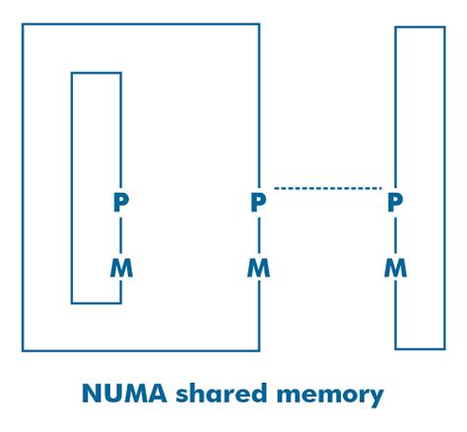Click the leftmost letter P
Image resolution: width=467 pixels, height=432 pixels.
[x=120, y=203]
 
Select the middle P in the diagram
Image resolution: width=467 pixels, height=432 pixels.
[x=258, y=203]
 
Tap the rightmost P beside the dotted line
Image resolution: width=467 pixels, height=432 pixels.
[x=395, y=203]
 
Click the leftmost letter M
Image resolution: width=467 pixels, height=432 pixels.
[x=120, y=267]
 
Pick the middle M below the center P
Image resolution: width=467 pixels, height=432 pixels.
[x=258, y=267]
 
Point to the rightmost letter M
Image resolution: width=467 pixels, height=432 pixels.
[x=395, y=267]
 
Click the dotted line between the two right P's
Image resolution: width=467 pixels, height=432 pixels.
[x=327, y=187]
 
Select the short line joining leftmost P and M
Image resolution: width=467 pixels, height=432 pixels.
[x=121, y=235]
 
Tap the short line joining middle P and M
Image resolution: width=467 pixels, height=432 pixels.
[x=259, y=235]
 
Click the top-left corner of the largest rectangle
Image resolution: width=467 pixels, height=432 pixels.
[x=23, y=25]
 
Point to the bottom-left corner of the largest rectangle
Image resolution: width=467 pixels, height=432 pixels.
[x=23, y=350]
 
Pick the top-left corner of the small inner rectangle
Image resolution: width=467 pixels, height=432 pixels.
[x=72, y=73]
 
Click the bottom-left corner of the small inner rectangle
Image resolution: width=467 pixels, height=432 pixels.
[x=72, y=302]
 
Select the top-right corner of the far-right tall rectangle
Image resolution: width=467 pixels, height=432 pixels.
[x=444, y=28]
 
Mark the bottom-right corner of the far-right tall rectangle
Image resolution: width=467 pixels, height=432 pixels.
[x=444, y=348]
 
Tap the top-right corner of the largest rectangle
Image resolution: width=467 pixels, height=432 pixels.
[x=259, y=25]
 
